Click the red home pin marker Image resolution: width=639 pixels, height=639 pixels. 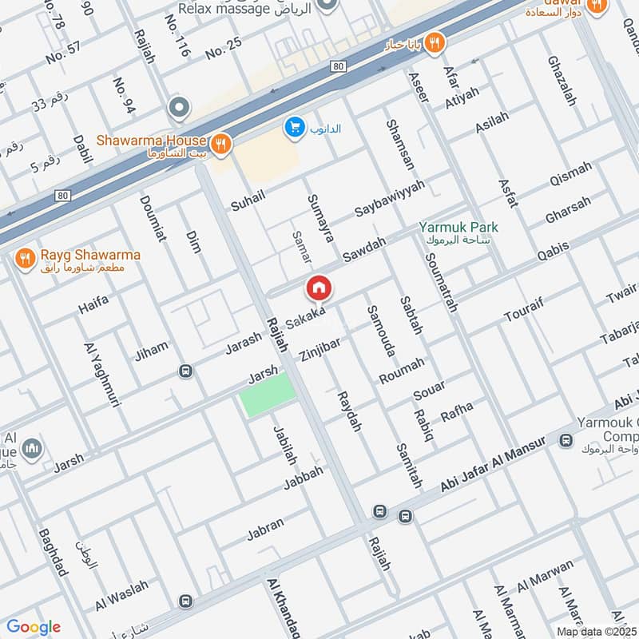[318, 288]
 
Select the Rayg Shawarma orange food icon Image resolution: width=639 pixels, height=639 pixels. [26, 257]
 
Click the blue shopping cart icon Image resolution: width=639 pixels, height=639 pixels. [295, 127]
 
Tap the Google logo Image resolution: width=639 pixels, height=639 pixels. [34, 626]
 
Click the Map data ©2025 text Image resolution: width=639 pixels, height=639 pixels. [596, 631]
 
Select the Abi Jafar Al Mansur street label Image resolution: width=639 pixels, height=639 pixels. [492, 464]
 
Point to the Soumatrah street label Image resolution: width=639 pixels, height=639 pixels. [440, 284]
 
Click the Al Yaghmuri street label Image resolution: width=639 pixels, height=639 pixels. [101, 375]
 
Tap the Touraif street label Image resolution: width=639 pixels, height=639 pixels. [525, 312]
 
